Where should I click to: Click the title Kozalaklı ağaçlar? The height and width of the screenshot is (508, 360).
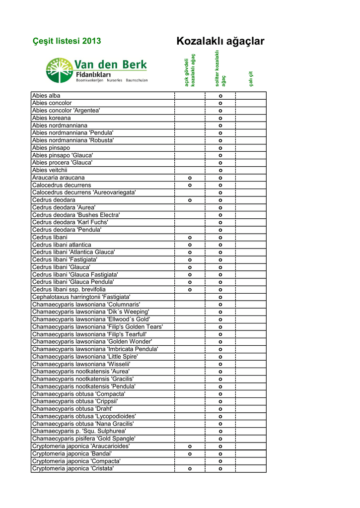coord(220,41)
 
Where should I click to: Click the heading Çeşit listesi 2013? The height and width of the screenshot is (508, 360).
coord(67,41)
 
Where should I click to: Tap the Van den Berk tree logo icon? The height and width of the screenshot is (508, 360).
coord(59,70)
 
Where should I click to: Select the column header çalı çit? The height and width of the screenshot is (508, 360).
coord(251,78)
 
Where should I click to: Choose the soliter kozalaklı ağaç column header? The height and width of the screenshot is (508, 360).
coord(220,68)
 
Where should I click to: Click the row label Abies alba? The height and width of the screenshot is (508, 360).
coord(46,95)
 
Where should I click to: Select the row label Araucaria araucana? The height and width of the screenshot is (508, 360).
coord(58,178)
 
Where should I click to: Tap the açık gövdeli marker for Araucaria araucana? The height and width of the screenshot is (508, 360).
coord(190,178)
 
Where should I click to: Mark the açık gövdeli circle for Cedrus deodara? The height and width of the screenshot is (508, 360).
coord(190,200)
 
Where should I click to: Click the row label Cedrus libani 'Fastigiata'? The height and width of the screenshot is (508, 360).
coord(65,259)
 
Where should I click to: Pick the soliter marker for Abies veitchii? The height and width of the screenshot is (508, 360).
coord(220,171)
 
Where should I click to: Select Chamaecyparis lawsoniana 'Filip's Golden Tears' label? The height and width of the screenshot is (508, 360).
coord(97,326)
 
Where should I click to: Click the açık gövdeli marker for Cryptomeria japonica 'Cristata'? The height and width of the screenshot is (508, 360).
coord(190,469)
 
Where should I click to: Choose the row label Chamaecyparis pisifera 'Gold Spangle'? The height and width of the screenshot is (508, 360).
coord(83,439)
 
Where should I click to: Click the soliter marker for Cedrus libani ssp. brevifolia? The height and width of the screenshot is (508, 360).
coord(220,290)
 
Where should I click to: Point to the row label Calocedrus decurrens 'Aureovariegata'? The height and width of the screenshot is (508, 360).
coord(84,192)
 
